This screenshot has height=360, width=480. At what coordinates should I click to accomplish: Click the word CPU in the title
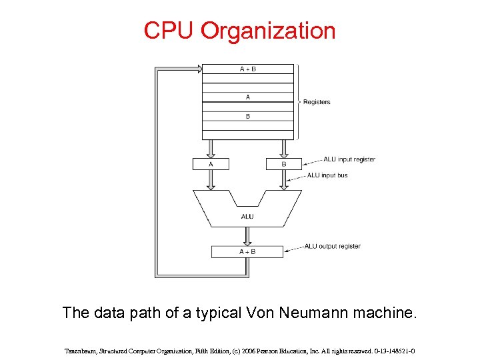(x=169, y=31)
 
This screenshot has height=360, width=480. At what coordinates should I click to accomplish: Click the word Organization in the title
(x=268, y=31)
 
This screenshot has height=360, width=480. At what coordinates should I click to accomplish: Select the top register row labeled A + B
(x=247, y=69)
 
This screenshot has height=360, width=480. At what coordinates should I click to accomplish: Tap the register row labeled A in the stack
(x=247, y=97)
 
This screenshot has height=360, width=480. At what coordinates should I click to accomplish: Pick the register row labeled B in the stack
(x=247, y=116)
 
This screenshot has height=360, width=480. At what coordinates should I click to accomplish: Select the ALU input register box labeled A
(x=211, y=163)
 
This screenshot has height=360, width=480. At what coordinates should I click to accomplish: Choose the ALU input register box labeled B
(x=283, y=163)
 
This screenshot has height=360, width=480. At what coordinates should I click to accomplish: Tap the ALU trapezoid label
(x=247, y=216)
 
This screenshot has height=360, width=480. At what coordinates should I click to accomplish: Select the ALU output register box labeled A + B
(x=247, y=251)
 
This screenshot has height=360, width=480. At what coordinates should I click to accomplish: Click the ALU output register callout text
(x=333, y=246)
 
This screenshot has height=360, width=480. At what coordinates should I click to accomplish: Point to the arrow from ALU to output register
(x=247, y=236)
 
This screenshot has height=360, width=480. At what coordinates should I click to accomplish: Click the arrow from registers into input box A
(x=211, y=149)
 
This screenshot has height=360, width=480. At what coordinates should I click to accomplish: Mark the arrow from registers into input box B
(x=283, y=149)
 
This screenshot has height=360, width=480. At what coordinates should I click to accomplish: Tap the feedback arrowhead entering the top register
(x=198, y=69)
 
